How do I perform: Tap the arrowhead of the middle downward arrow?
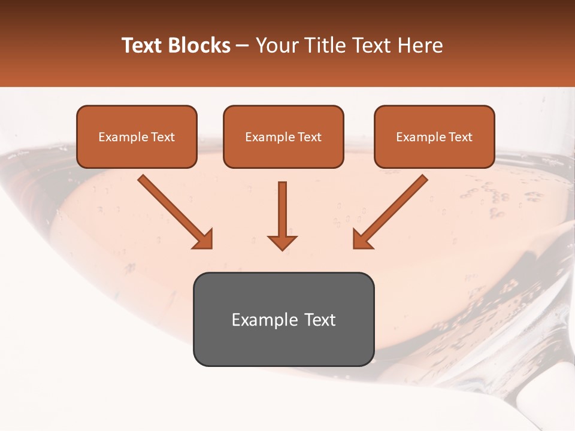(x=282, y=242)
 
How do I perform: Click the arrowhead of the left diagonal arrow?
(x=204, y=239)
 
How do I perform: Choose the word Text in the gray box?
(x=319, y=320)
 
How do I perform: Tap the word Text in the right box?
(x=460, y=137)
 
